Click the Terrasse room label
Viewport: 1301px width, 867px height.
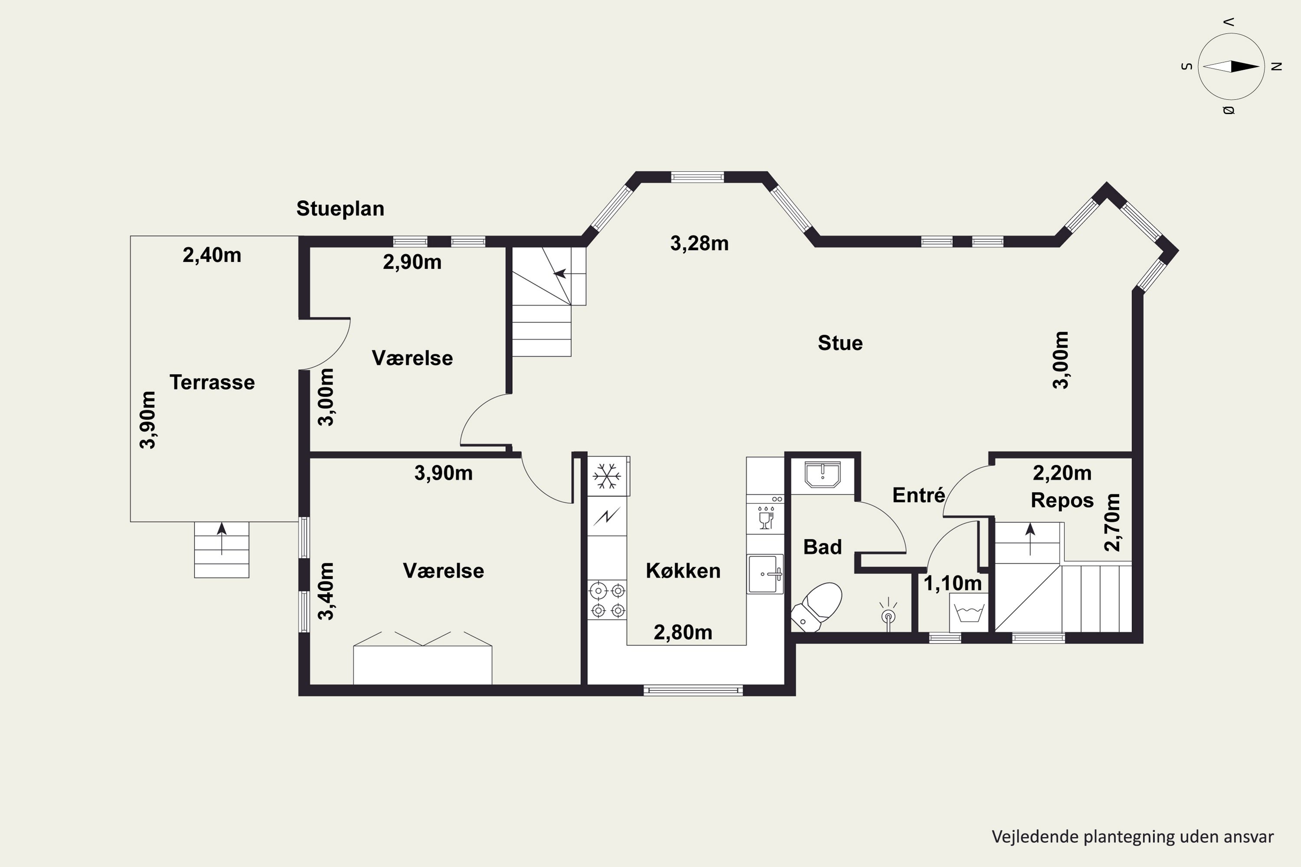(x=212, y=382)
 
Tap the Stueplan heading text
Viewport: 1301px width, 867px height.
(x=340, y=209)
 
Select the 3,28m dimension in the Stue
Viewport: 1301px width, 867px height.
(x=699, y=243)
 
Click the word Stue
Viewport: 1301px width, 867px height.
(x=840, y=343)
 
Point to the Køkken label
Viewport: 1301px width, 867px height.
(x=683, y=570)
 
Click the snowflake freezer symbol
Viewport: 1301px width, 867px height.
(x=607, y=476)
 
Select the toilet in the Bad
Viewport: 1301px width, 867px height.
(x=817, y=606)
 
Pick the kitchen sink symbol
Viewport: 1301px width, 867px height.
(x=765, y=574)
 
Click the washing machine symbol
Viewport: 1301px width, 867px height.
(x=968, y=613)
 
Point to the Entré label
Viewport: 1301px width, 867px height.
(x=919, y=495)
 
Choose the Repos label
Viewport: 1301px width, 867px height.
(x=1062, y=500)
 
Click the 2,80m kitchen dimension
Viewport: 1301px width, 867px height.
(x=683, y=632)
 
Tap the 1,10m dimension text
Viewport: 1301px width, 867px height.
(x=952, y=583)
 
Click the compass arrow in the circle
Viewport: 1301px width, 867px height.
(x=1231, y=66)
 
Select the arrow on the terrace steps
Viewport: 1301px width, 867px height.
(x=222, y=538)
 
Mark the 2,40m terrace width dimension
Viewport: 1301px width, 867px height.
(x=212, y=255)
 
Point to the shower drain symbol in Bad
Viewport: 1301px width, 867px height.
(x=888, y=614)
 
